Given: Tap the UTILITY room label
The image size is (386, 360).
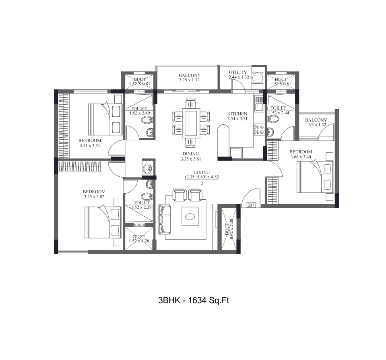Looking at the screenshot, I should coord(237,72).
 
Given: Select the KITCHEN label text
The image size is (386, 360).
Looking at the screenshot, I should coord(237,114).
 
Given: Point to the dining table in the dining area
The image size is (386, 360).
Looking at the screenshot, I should coord(191,122).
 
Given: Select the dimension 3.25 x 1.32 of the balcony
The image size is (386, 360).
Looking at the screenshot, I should coord(189,80).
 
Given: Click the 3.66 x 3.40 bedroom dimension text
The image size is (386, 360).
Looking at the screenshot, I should coord(301,157).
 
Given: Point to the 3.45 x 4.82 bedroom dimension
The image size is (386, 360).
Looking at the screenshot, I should coord(94,197).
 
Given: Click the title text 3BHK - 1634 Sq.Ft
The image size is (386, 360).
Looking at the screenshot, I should coord(193,300).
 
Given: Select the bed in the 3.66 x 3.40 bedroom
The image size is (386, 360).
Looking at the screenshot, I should coord(316,178).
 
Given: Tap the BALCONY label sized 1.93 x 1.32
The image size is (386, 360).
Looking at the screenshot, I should coord(316,120).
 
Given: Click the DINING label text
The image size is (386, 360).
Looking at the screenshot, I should coord(190,154).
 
